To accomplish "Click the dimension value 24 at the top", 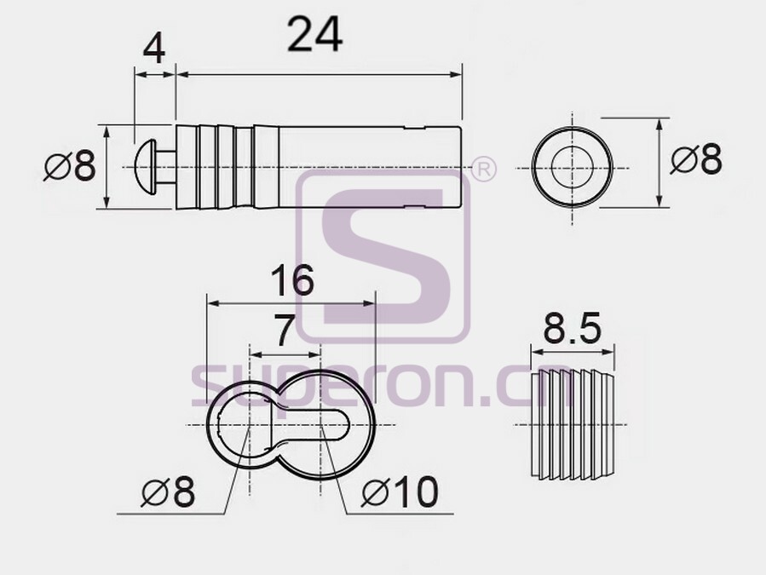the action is click(x=315, y=34).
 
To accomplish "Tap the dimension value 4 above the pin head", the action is click(x=154, y=49).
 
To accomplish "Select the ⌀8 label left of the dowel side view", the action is click(x=70, y=165).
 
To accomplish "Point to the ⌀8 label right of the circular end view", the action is click(x=695, y=158).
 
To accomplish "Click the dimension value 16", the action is click(x=291, y=280).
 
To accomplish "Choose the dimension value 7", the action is click(x=284, y=331).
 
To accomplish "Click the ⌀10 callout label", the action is click(x=400, y=492).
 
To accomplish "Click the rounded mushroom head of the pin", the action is click(x=145, y=167).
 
